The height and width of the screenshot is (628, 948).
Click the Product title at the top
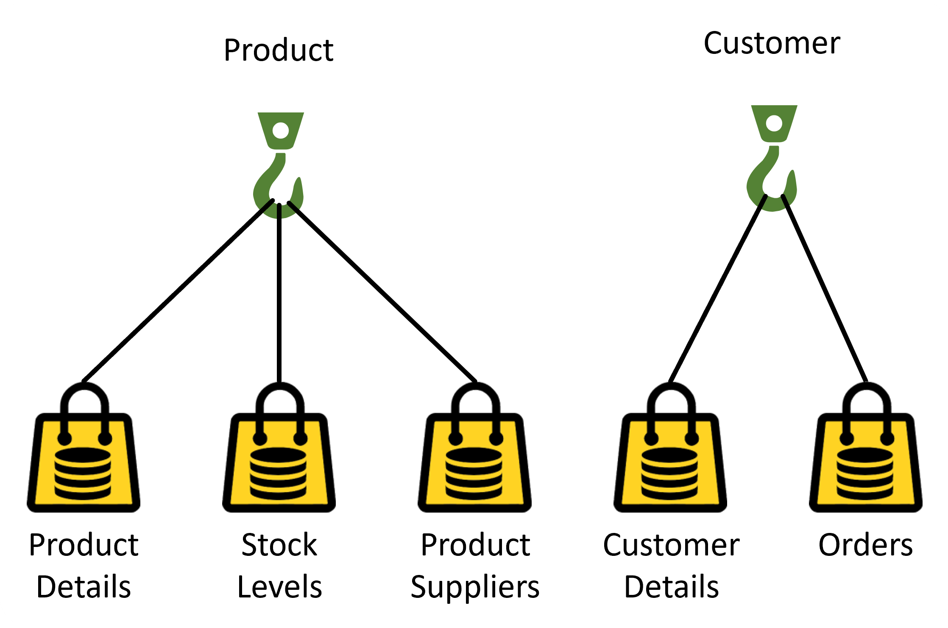coord(279,50)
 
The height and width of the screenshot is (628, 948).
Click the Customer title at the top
coord(772,44)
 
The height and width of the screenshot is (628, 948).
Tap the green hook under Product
coord(280,165)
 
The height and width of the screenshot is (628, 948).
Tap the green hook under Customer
coord(773,158)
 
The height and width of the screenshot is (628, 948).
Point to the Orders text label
coord(865,545)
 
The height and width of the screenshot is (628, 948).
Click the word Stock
coord(279,545)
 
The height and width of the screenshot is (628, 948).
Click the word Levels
coord(279,587)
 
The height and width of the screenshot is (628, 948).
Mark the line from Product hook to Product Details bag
coord(178,291)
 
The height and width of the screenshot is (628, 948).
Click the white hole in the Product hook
coord(281,130)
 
